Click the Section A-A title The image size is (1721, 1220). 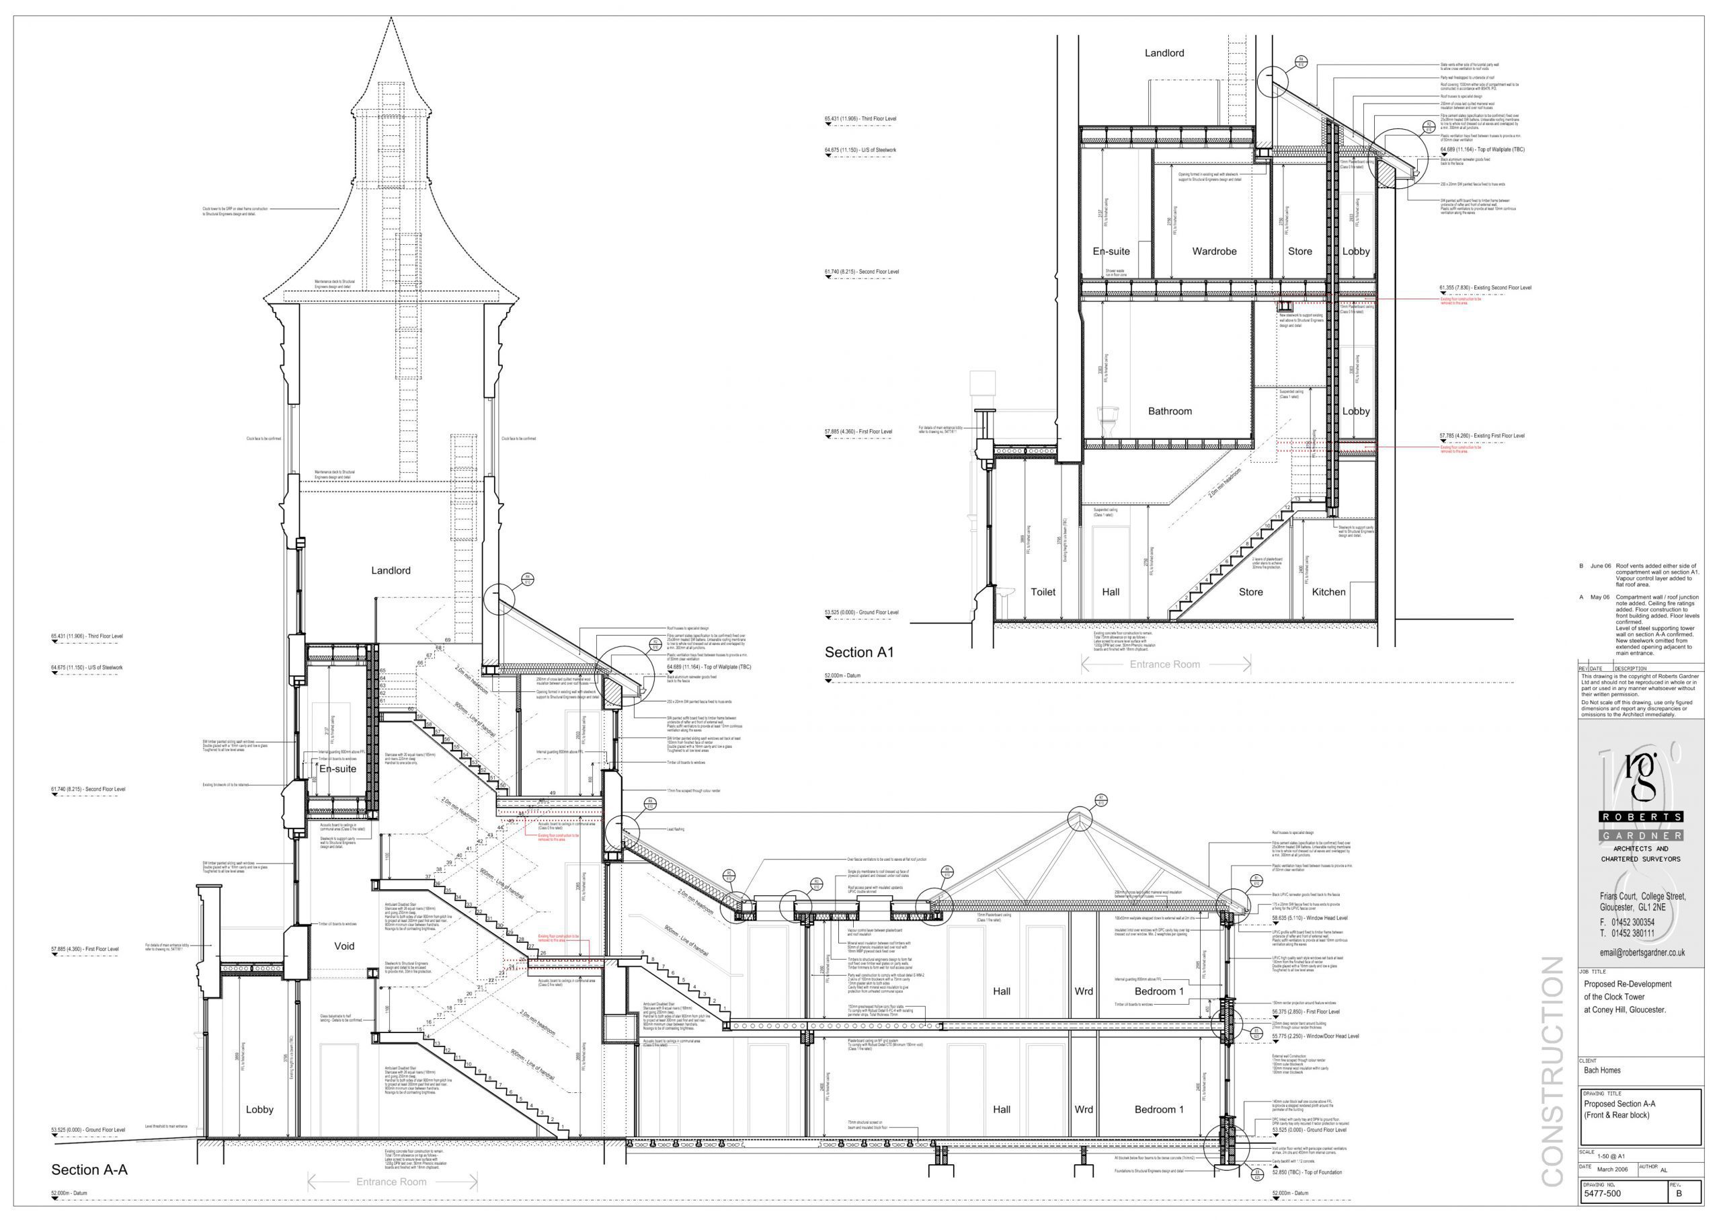tap(89, 1170)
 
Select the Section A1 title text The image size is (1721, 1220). tap(859, 652)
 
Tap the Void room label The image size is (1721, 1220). tap(344, 946)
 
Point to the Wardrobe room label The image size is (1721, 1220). tap(1214, 251)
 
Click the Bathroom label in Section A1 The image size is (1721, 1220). tap(1169, 411)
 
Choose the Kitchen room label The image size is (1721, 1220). tap(1328, 592)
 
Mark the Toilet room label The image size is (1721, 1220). tap(1043, 592)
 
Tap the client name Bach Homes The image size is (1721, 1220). tap(1601, 1071)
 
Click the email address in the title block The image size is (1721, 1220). tap(1642, 952)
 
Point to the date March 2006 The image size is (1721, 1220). tap(1612, 1170)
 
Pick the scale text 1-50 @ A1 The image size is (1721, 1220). tap(1611, 1156)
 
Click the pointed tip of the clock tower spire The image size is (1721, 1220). tap(391, 19)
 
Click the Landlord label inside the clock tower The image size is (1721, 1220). tap(391, 570)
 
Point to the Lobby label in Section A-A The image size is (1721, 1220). tap(259, 1110)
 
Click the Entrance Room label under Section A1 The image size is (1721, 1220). tap(1164, 664)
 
